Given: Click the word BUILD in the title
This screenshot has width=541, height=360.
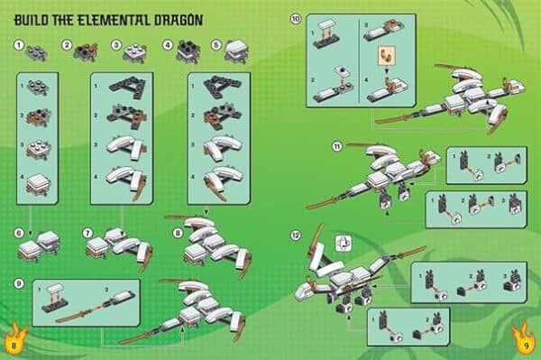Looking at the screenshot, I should click(33, 18).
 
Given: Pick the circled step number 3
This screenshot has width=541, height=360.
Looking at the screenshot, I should click(116, 44).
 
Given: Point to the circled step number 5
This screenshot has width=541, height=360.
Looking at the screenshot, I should click(216, 44).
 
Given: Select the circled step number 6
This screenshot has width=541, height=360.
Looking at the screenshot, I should click(20, 234).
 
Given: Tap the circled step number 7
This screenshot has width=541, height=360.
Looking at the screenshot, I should click(87, 234).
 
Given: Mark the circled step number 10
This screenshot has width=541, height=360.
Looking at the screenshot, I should click(295, 19).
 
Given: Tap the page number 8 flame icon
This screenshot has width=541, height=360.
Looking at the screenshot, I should click(15, 341).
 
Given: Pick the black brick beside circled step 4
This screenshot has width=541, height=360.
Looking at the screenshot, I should click(188, 48).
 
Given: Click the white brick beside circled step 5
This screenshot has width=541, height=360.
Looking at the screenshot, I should click(235, 48).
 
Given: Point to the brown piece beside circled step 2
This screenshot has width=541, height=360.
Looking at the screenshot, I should click(86, 48).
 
